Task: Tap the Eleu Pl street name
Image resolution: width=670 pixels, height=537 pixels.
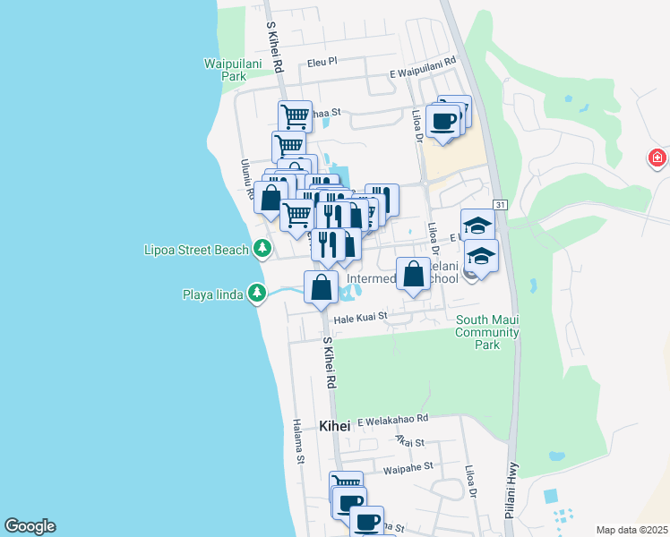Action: pyautogui.click(x=321, y=63)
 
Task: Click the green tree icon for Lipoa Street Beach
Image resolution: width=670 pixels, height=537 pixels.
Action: pyautogui.click(x=262, y=248)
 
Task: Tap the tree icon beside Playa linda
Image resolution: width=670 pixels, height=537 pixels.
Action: pyautogui.click(x=257, y=293)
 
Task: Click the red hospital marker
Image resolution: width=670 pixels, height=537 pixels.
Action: pyautogui.click(x=658, y=158)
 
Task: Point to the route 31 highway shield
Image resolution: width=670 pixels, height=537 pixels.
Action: pyautogui.click(x=500, y=205)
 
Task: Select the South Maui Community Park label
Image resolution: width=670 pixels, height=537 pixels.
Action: pyautogui.click(x=486, y=332)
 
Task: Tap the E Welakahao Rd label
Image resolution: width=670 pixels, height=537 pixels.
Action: pyautogui.click(x=393, y=419)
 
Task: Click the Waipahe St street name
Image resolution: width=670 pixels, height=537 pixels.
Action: pyautogui.click(x=408, y=467)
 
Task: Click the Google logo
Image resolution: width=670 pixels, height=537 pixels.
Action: pyautogui.click(x=30, y=526)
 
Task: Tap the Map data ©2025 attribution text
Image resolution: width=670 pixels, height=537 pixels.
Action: pyautogui.click(x=631, y=530)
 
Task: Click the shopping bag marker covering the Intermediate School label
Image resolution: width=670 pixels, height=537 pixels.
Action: pyautogui.click(x=413, y=275)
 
